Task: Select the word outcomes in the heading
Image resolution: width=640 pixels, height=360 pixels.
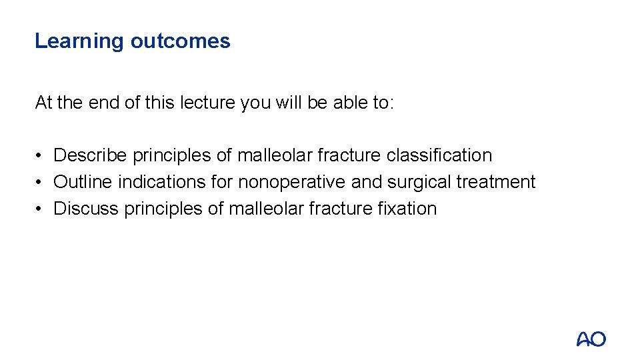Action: [x=180, y=41]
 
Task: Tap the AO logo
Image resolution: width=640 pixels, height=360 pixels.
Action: [x=591, y=339]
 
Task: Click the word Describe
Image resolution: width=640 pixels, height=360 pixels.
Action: [x=90, y=155]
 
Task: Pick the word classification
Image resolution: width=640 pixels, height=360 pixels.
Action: [x=439, y=155]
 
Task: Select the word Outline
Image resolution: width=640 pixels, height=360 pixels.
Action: [x=83, y=182]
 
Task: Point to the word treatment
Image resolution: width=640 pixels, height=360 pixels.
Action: [x=496, y=182]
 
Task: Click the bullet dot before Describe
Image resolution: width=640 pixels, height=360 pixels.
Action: [x=41, y=156]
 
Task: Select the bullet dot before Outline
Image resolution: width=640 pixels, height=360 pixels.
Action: [x=41, y=183]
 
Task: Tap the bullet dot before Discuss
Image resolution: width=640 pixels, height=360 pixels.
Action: [x=41, y=209]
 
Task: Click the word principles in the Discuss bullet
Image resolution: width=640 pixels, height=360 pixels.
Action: [x=162, y=209]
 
